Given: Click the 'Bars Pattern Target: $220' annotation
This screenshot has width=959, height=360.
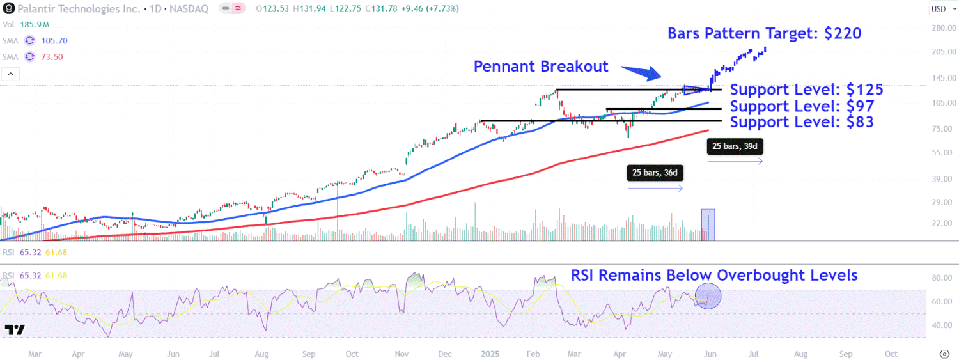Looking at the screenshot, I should click(764, 33).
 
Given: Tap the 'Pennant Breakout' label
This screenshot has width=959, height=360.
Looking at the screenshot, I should click(540, 67).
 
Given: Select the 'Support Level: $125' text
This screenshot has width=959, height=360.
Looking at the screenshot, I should click(806, 90).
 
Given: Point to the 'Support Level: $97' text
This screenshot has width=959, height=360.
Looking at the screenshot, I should click(802, 106).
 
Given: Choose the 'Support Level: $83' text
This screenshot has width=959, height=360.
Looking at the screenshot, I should click(802, 121).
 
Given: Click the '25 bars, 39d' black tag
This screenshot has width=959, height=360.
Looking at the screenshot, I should click(735, 146).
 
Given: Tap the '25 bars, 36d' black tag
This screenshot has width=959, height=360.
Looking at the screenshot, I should click(655, 173).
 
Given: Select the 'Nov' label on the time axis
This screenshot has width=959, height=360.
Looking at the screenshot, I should click(402, 354).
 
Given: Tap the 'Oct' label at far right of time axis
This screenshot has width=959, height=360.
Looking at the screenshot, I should click(891, 354).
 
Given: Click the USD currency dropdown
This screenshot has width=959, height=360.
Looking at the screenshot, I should click(941, 9).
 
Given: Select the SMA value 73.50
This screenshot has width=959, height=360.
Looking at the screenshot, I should click(51, 57).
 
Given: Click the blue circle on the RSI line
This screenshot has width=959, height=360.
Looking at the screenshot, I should click(708, 297).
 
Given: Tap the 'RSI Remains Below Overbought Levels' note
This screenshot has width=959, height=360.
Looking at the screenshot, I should click(714, 276).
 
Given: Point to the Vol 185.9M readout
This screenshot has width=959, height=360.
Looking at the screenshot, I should click(26, 24).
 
